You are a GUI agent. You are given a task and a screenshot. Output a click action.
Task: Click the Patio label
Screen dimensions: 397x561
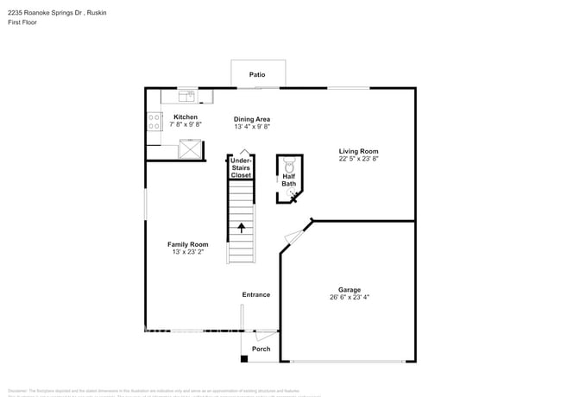[257, 75]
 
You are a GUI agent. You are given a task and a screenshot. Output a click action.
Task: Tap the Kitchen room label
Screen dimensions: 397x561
[186, 117]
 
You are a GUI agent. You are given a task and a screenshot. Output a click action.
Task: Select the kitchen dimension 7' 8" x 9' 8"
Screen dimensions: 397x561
[186, 124]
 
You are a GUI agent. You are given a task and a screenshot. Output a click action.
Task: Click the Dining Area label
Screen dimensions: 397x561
[252, 119]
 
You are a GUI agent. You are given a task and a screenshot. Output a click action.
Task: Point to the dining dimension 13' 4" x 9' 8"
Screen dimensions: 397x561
[252, 127]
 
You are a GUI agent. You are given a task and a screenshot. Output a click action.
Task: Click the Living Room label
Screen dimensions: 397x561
[357, 151]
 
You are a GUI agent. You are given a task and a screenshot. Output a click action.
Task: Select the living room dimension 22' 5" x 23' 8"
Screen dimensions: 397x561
[357, 159]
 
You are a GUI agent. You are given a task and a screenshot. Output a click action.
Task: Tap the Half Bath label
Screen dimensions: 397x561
[288, 180]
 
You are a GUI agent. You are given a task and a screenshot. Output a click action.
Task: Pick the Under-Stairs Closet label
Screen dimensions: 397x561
[241, 167]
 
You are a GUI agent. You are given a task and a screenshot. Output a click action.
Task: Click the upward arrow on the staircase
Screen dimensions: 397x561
[241, 228]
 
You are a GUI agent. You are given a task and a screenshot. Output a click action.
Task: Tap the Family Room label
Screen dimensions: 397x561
[187, 244]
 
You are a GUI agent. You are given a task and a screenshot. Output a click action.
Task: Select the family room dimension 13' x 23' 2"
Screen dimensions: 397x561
[187, 252]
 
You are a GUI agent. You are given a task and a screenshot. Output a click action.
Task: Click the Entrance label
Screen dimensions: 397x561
[255, 294]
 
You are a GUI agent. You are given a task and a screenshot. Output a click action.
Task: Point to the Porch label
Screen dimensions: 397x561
[261, 349]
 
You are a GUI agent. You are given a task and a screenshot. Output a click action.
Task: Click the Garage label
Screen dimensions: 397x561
[350, 290]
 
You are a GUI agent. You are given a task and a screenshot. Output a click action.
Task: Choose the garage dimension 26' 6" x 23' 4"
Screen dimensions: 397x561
[350, 298]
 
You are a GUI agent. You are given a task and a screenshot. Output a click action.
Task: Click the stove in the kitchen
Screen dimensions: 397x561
[154, 122]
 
